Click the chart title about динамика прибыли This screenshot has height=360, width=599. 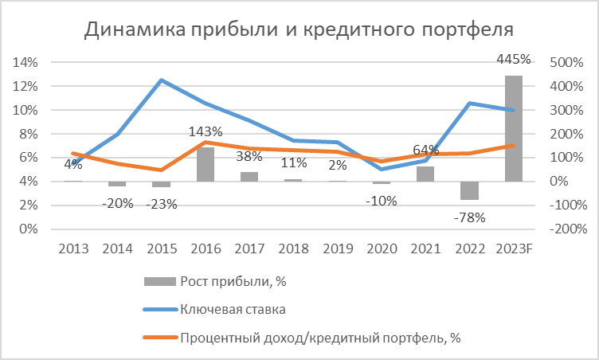click(299, 30)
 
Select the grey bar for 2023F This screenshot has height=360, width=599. click(513, 128)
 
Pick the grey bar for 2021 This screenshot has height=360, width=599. click(425, 174)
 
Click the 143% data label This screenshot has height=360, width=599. click(206, 132)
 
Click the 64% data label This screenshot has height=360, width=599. click(426, 151)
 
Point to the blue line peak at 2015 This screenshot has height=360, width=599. click(162, 80)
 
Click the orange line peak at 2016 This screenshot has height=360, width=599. click(206, 142)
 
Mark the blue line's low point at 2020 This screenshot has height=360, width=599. click(382, 169)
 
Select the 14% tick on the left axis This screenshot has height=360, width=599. click(27, 62)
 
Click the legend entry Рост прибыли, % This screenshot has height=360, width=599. click(225, 280)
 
